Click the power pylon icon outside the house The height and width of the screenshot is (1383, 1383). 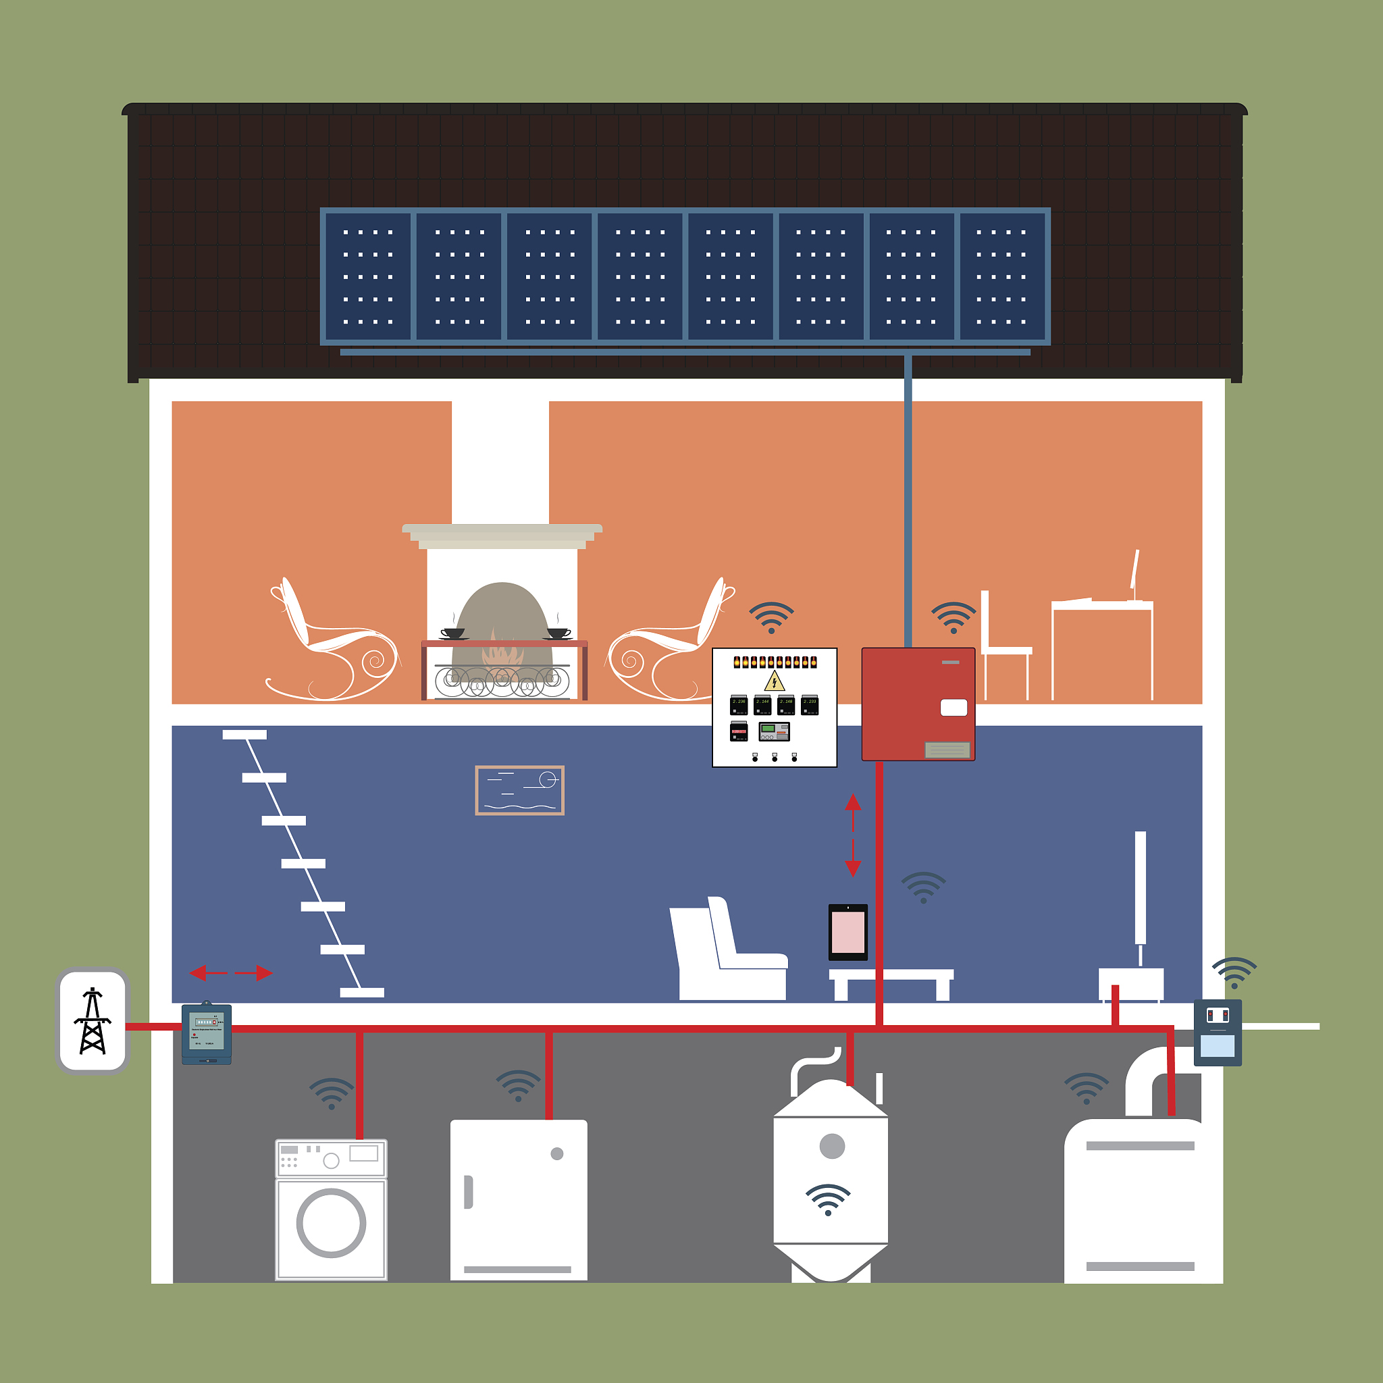[x=93, y=1021]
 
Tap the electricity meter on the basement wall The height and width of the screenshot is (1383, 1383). [x=206, y=1033]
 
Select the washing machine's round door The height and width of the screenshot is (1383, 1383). [x=331, y=1223]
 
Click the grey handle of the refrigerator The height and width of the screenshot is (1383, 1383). [x=468, y=1192]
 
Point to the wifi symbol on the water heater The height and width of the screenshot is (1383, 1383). [x=827, y=1200]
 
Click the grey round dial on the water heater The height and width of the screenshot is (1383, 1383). [x=832, y=1146]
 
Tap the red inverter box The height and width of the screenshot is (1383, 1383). [x=918, y=704]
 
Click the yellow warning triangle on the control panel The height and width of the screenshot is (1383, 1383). [x=774, y=681]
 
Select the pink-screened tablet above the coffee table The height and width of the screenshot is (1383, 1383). [x=847, y=932]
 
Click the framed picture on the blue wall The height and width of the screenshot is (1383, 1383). [x=520, y=790]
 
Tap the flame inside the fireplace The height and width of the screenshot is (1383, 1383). [x=502, y=653]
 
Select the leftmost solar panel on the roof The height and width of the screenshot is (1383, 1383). [x=368, y=276]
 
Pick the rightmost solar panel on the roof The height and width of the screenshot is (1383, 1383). [x=1001, y=276]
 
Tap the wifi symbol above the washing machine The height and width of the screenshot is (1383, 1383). [x=332, y=1093]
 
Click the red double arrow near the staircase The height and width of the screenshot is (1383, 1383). [x=230, y=973]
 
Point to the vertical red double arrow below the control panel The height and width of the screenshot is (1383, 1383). [x=853, y=835]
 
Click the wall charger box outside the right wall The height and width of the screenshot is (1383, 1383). [x=1217, y=1033]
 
